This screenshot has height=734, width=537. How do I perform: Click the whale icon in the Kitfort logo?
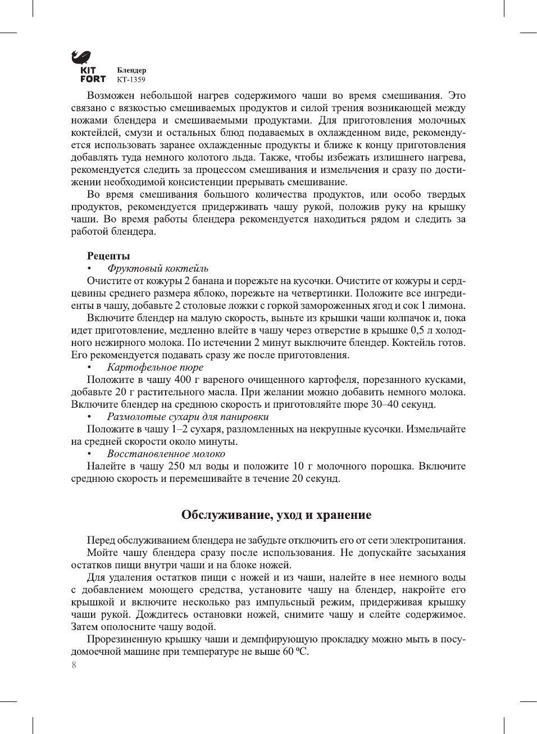point(81,57)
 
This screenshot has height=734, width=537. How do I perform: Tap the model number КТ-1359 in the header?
point(131,80)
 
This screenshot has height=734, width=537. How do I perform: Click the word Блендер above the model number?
point(131,70)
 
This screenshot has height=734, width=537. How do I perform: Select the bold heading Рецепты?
point(108,256)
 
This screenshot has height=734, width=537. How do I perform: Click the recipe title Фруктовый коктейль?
point(158,268)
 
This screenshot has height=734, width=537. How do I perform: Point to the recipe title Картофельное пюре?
point(147,367)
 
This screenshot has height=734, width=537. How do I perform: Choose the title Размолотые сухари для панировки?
point(188,417)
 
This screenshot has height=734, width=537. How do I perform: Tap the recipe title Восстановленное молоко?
point(166,454)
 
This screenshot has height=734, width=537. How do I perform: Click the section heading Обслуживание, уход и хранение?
point(276,515)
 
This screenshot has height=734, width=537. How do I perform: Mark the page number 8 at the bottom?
point(74,665)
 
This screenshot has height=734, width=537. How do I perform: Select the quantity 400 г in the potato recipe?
point(184,380)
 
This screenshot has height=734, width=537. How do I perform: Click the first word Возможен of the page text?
point(111,95)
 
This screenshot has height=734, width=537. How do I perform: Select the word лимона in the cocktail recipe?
point(447,306)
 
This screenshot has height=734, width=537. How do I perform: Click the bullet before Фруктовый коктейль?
point(89,269)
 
